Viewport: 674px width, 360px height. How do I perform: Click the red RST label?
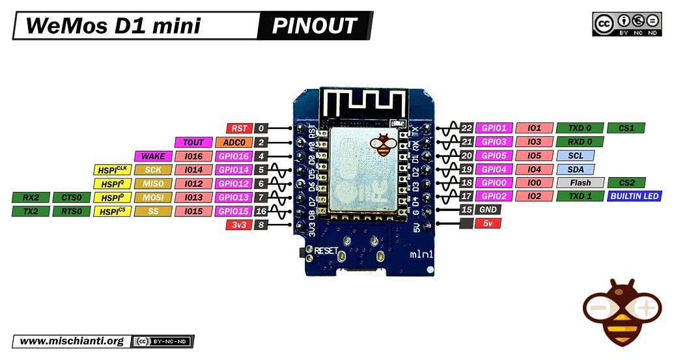click(x=239, y=128)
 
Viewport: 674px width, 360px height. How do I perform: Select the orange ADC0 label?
click(x=234, y=142)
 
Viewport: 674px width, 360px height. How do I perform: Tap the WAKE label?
click(x=154, y=156)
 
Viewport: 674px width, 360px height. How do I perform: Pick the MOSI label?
click(x=153, y=197)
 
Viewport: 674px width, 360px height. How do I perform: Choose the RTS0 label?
click(x=72, y=211)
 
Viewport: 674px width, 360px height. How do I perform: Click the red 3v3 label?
click(x=239, y=225)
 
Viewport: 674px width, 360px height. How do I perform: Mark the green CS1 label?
click(x=626, y=128)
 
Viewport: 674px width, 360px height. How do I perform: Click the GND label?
click(x=488, y=210)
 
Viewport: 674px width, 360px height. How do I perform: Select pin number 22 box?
click(x=466, y=128)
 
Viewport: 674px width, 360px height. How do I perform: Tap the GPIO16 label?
click(x=234, y=156)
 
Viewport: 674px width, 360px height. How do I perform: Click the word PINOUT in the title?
click(x=315, y=26)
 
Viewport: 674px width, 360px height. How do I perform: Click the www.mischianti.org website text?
click(x=72, y=341)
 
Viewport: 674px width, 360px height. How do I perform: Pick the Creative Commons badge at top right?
click(x=626, y=23)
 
